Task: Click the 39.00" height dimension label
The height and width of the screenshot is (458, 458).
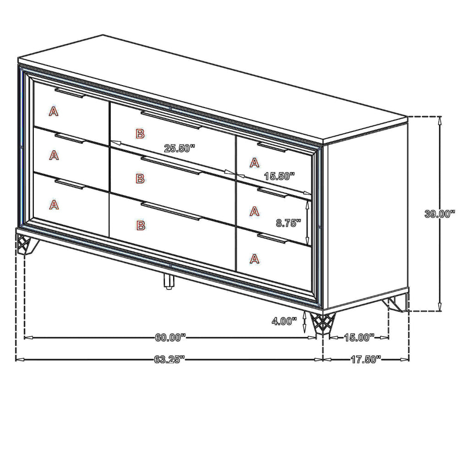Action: click(x=439, y=213)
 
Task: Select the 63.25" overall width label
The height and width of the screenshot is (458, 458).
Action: click(x=169, y=359)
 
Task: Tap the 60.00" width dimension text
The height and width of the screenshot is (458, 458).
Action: click(x=170, y=338)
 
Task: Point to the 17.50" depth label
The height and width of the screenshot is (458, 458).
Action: click(x=366, y=359)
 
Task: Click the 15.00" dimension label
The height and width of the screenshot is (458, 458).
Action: click(x=359, y=338)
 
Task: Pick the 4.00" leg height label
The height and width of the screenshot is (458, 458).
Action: click(x=284, y=321)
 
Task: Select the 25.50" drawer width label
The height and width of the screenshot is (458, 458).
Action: click(x=180, y=148)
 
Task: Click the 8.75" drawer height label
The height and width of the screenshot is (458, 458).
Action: click(x=289, y=223)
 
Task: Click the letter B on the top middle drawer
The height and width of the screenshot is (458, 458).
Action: click(x=140, y=134)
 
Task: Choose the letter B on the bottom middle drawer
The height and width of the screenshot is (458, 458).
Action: click(x=140, y=225)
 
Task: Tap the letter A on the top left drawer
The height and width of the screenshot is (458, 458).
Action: click(x=54, y=111)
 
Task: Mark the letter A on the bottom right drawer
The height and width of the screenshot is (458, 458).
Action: click(x=255, y=259)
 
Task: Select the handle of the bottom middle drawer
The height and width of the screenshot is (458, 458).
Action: click(x=170, y=212)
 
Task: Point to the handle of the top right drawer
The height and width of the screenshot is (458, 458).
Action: click(x=272, y=147)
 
